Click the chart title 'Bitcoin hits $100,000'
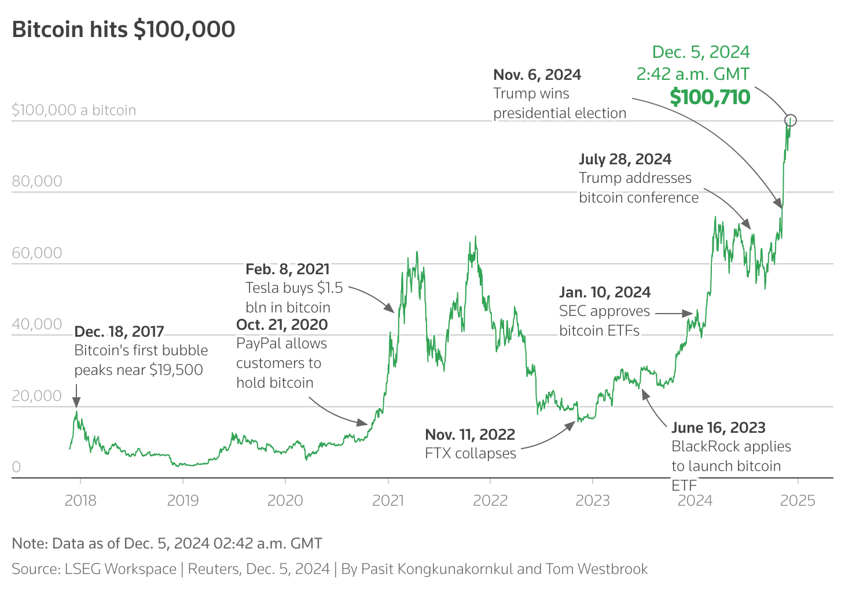pos(123,30)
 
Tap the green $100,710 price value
pos(710,97)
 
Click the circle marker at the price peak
pos(791,120)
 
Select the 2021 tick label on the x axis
pos(388,500)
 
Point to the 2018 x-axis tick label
pos(80,500)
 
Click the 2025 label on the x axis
pos(798,500)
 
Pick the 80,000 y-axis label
pos(37,181)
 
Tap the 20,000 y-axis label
pos(37,396)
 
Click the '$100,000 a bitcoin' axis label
pos(74,110)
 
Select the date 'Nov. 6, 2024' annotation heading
pos(537,75)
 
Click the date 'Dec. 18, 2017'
pos(119,332)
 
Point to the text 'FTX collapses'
pos(471,453)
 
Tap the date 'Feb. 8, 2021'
pos(288,269)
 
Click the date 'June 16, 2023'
pos(718,428)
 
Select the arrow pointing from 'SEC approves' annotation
pos(674,314)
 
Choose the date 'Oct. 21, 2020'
pos(282,325)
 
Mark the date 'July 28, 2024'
pos(625,159)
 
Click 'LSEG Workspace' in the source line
pos(120,569)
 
